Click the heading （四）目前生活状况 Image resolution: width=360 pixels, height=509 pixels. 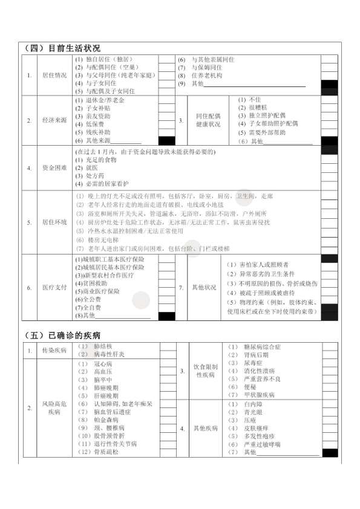pyautogui.click(x=63, y=48)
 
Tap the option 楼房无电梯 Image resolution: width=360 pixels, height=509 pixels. pyautogui.click(x=102, y=239)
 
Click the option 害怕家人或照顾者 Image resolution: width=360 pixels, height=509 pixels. pyautogui.click(x=257, y=265)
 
